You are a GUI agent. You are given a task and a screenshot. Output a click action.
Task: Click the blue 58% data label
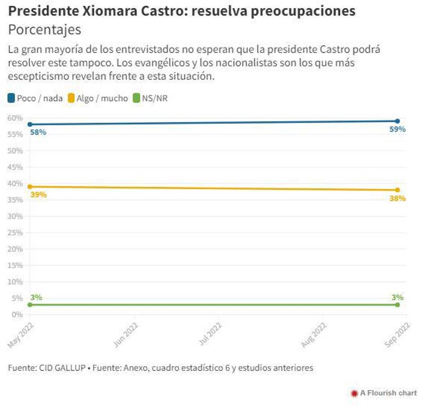38,133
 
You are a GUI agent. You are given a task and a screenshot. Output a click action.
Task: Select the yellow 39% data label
38,195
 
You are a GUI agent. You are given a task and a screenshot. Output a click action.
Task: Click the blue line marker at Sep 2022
398,121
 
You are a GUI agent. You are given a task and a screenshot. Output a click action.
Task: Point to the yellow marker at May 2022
30,187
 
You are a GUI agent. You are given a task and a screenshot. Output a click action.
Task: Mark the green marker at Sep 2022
398,305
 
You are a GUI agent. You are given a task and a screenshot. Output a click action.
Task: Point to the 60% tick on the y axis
15,118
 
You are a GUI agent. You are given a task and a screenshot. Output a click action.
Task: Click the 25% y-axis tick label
15,233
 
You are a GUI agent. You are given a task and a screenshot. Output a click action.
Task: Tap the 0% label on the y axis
17,315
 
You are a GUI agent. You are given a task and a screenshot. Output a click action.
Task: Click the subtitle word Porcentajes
45,30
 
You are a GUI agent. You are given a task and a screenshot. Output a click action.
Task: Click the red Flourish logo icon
354,393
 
